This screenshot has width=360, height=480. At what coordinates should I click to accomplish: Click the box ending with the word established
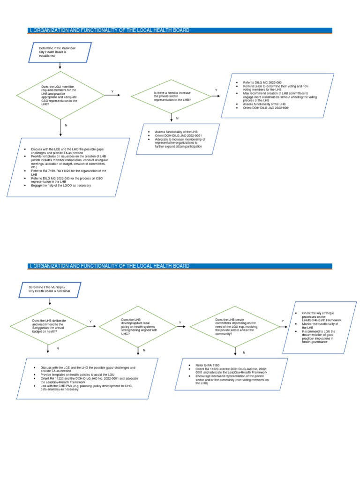[x=60, y=52]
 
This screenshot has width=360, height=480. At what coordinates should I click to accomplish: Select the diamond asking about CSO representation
[x=60, y=96]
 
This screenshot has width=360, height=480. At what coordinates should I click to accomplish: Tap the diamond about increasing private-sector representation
[x=172, y=96]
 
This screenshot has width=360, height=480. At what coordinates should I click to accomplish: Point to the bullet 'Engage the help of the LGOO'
[x=61, y=186]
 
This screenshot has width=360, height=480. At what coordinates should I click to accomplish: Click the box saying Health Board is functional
[x=50, y=289]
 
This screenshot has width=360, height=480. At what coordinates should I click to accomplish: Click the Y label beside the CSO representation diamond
[x=112, y=91]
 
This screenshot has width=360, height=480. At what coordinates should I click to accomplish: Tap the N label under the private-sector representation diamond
[x=177, y=118]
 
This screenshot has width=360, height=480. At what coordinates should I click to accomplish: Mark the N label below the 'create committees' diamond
[x=244, y=352]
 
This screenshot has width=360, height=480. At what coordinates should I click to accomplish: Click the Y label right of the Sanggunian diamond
[x=90, y=322]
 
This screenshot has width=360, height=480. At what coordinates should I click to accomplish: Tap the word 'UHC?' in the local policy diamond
[x=125, y=334]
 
